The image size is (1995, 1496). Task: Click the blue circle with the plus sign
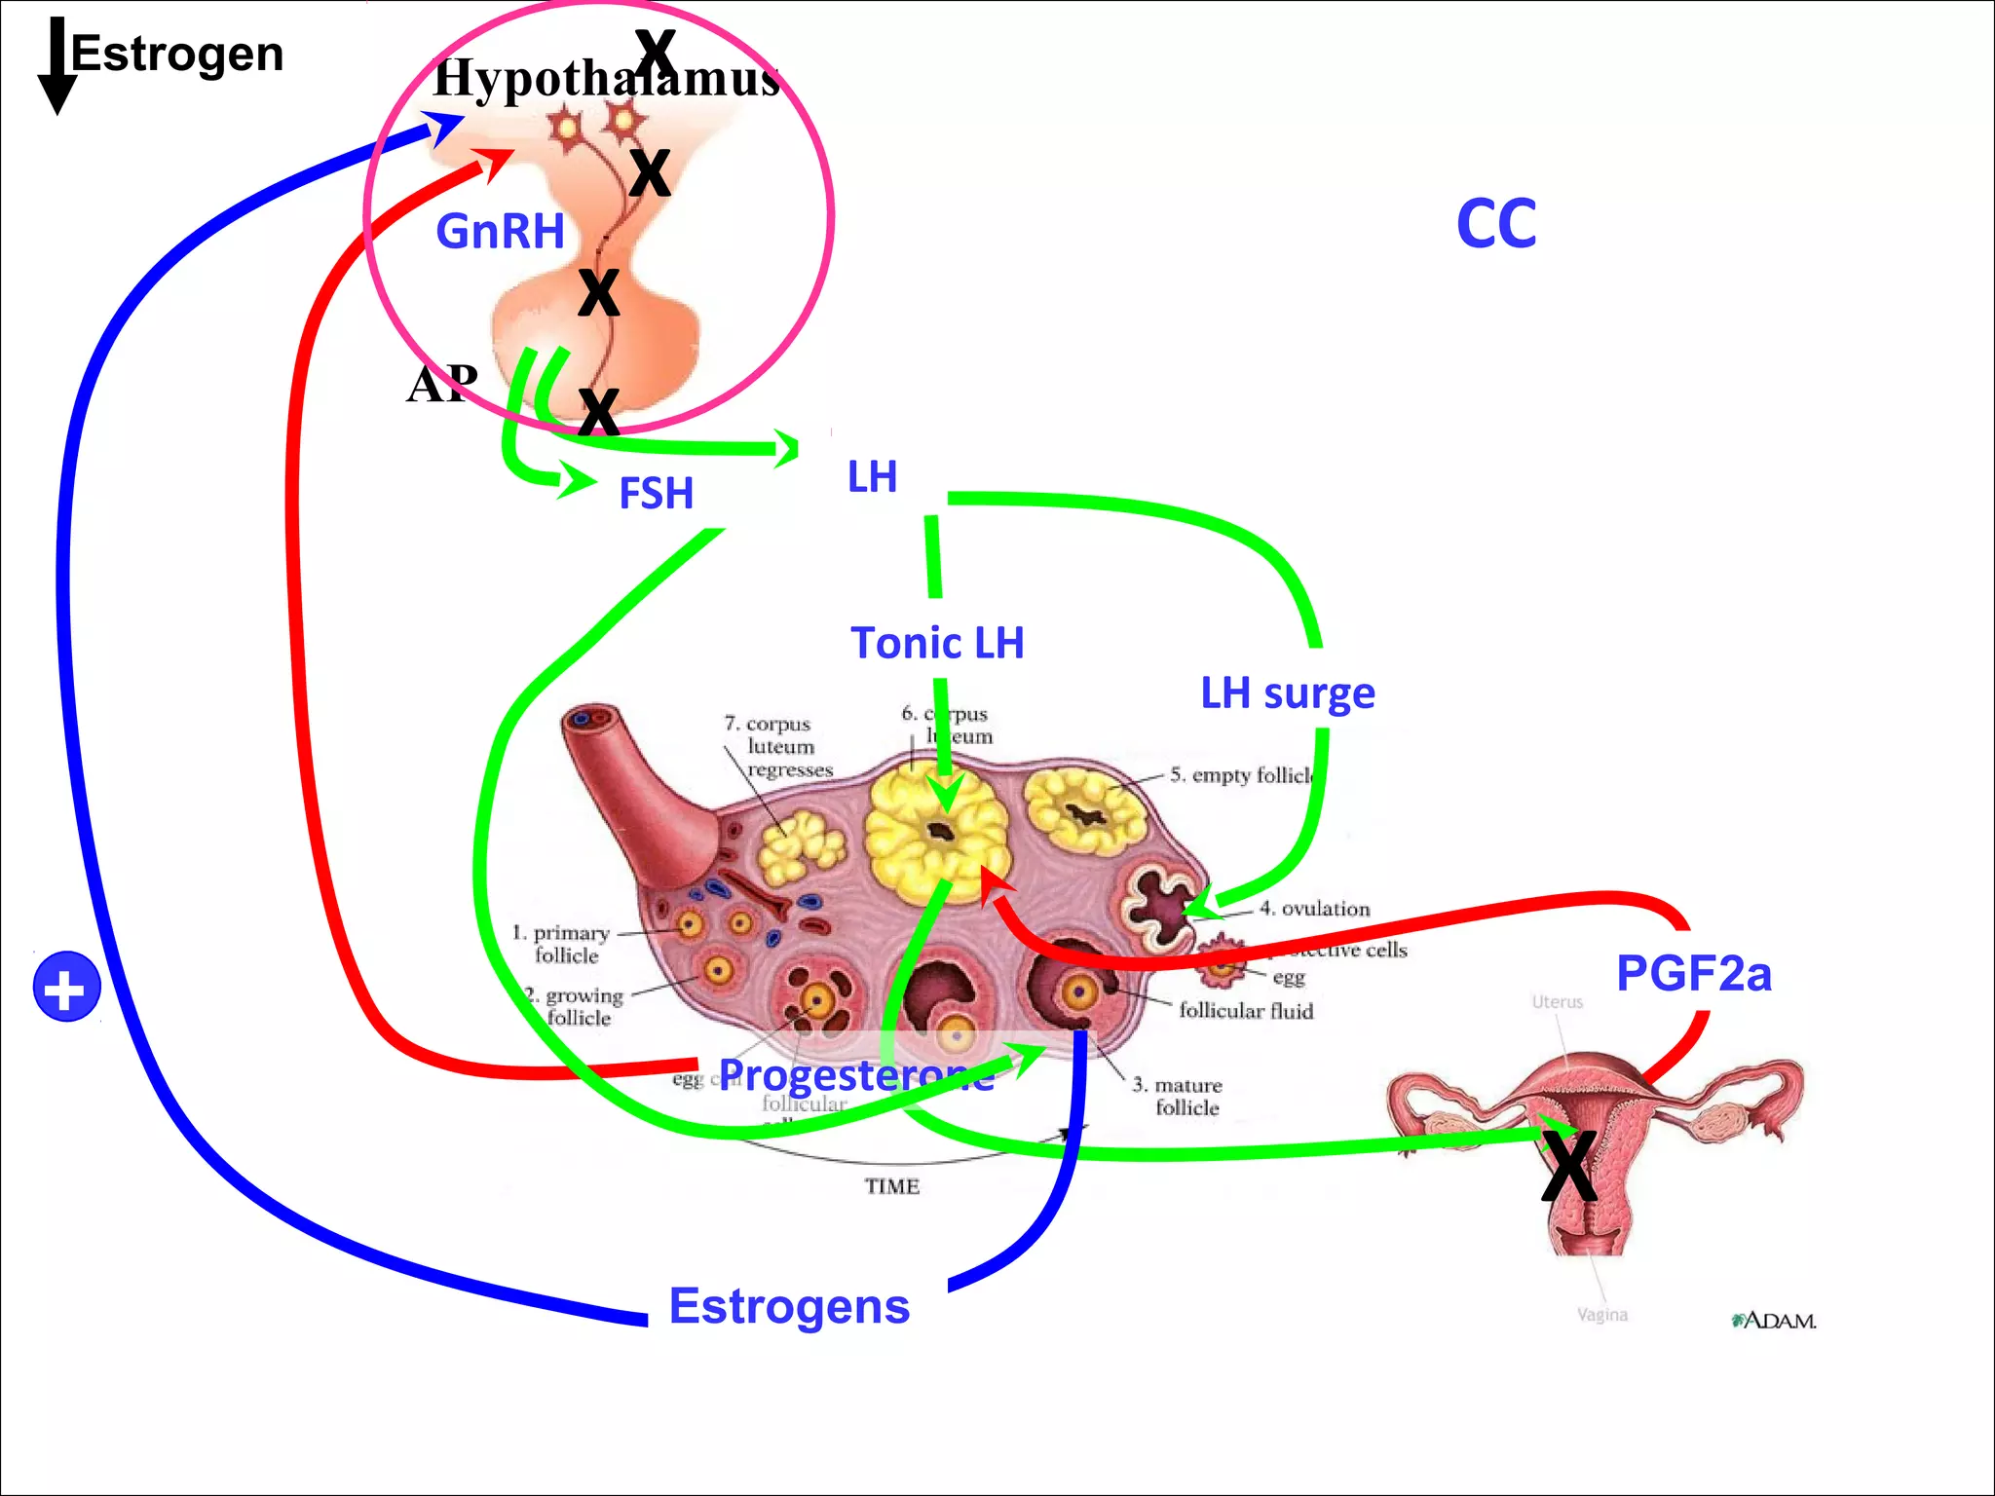tap(66, 987)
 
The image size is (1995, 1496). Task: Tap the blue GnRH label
tap(500, 232)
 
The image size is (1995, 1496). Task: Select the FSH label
tap(656, 493)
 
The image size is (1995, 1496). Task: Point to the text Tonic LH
tap(937, 643)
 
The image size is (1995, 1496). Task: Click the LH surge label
tap(1287, 693)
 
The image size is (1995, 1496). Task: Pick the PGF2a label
tap(1693, 973)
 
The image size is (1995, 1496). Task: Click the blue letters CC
tap(1496, 224)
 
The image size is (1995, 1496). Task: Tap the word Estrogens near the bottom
tap(789, 1306)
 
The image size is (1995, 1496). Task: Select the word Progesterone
tap(856, 1074)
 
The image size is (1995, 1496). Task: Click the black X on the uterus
tap(1568, 1166)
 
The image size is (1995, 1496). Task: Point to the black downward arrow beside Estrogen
tap(57, 68)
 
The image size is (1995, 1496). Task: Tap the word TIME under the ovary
tap(892, 1186)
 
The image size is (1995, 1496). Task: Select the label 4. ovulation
tap(1314, 909)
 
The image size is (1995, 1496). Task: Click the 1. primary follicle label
tap(562, 944)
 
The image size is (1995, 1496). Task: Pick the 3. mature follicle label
tap(1178, 1096)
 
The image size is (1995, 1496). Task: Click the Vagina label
tap(1602, 1315)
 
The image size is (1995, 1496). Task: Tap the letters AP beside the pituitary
tap(442, 384)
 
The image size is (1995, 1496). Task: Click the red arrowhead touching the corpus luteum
tap(994, 881)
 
